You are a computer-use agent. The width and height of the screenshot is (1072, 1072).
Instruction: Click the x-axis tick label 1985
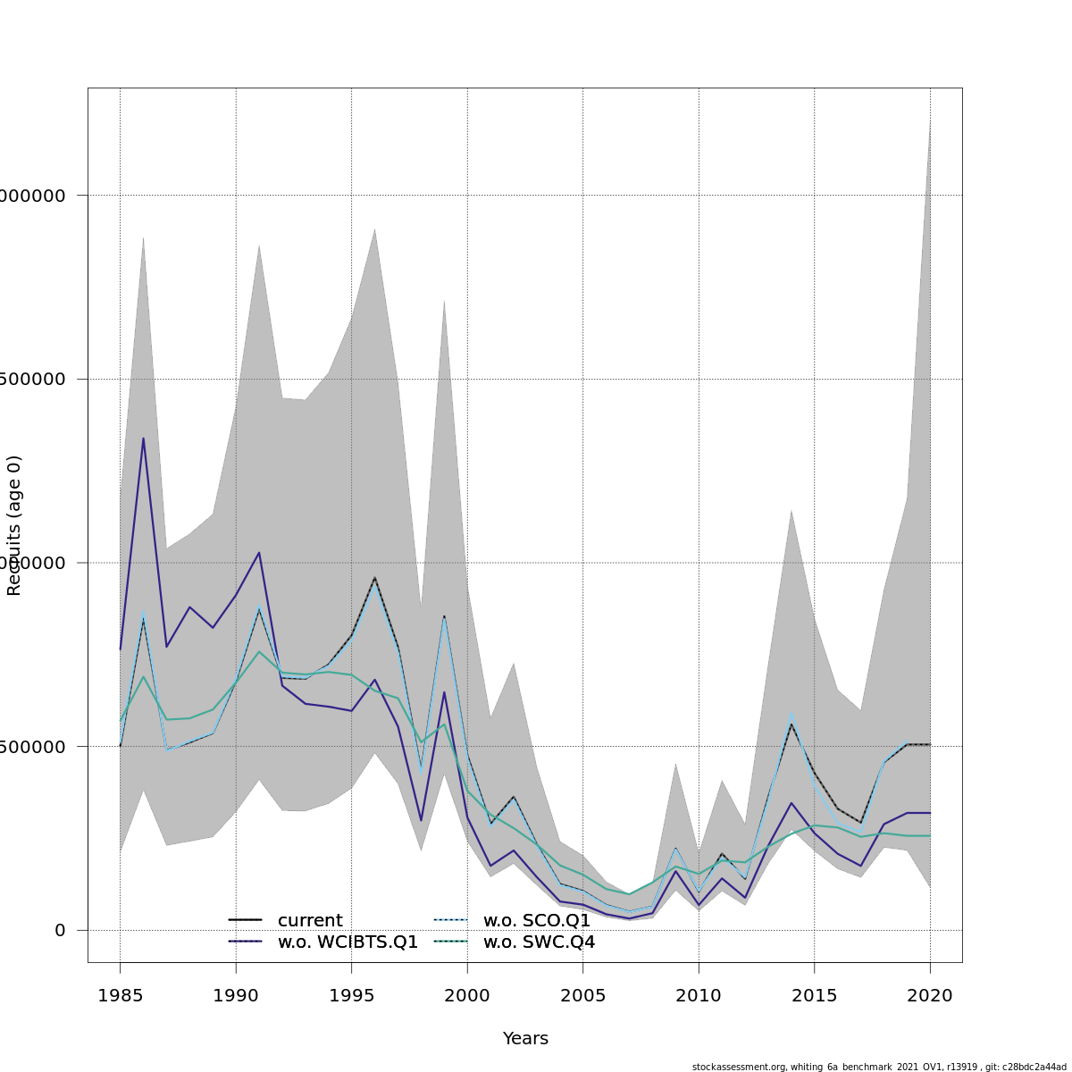pyautogui.click(x=120, y=995)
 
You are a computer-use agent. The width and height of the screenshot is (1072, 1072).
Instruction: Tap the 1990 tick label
pyautogui.click(x=236, y=995)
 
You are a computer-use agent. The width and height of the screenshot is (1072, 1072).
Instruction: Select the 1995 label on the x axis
pyautogui.click(x=351, y=995)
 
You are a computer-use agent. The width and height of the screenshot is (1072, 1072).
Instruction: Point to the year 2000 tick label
pyautogui.click(x=467, y=995)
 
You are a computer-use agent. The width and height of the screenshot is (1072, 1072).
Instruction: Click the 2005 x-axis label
pyautogui.click(x=582, y=995)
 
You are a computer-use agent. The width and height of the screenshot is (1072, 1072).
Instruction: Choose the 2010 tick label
pyautogui.click(x=699, y=995)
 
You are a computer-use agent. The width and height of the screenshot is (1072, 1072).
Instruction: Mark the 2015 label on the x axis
pyautogui.click(x=814, y=995)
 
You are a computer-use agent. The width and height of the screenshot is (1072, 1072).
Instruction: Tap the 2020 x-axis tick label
pyautogui.click(x=930, y=995)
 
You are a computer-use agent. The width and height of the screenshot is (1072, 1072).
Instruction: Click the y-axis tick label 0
pyautogui.click(x=60, y=930)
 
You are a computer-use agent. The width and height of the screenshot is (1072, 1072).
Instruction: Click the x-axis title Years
pyautogui.click(x=525, y=1039)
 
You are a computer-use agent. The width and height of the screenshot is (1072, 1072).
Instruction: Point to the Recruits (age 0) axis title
pyautogui.click(x=14, y=525)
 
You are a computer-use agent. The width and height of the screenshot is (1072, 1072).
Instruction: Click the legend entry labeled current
pyautogui.click(x=309, y=921)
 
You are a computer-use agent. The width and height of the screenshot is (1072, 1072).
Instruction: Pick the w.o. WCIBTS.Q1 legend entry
pyautogui.click(x=348, y=942)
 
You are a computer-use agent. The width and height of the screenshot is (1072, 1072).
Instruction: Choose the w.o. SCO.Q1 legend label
pyautogui.click(x=536, y=921)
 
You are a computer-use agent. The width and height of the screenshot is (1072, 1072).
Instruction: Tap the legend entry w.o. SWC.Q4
pyautogui.click(x=539, y=942)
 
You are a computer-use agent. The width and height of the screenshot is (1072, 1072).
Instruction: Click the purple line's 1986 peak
pyautogui.click(x=143, y=438)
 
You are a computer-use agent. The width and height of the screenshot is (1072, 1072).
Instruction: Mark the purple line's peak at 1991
pyautogui.click(x=259, y=552)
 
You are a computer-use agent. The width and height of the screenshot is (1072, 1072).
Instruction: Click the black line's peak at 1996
pyautogui.click(x=374, y=577)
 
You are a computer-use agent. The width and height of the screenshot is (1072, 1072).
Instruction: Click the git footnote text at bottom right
pyautogui.click(x=879, y=1067)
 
